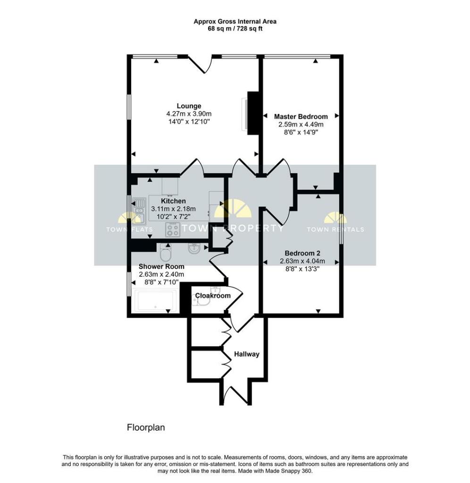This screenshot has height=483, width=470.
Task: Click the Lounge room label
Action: click(x=189, y=106)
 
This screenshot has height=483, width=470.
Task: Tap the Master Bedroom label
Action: click(x=301, y=117)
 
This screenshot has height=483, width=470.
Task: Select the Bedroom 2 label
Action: click(x=300, y=252)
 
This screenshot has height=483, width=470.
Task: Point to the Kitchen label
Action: click(x=173, y=201)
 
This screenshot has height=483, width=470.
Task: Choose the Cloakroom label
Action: click(x=213, y=296)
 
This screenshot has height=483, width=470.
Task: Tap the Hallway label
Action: click(x=246, y=354)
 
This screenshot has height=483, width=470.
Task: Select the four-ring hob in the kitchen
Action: click(x=173, y=230)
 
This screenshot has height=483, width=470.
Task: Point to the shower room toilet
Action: click(x=166, y=253)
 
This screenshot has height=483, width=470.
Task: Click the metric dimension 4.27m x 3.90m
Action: click(x=189, y=114)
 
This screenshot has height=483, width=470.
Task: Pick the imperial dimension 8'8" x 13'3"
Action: click(x=300, y=269)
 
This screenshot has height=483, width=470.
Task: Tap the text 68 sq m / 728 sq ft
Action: click(x=235, y=29)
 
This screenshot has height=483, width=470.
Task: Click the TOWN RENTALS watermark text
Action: click(x=335, y=230)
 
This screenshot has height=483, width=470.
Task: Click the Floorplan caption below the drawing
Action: click(x=145, y=427)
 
